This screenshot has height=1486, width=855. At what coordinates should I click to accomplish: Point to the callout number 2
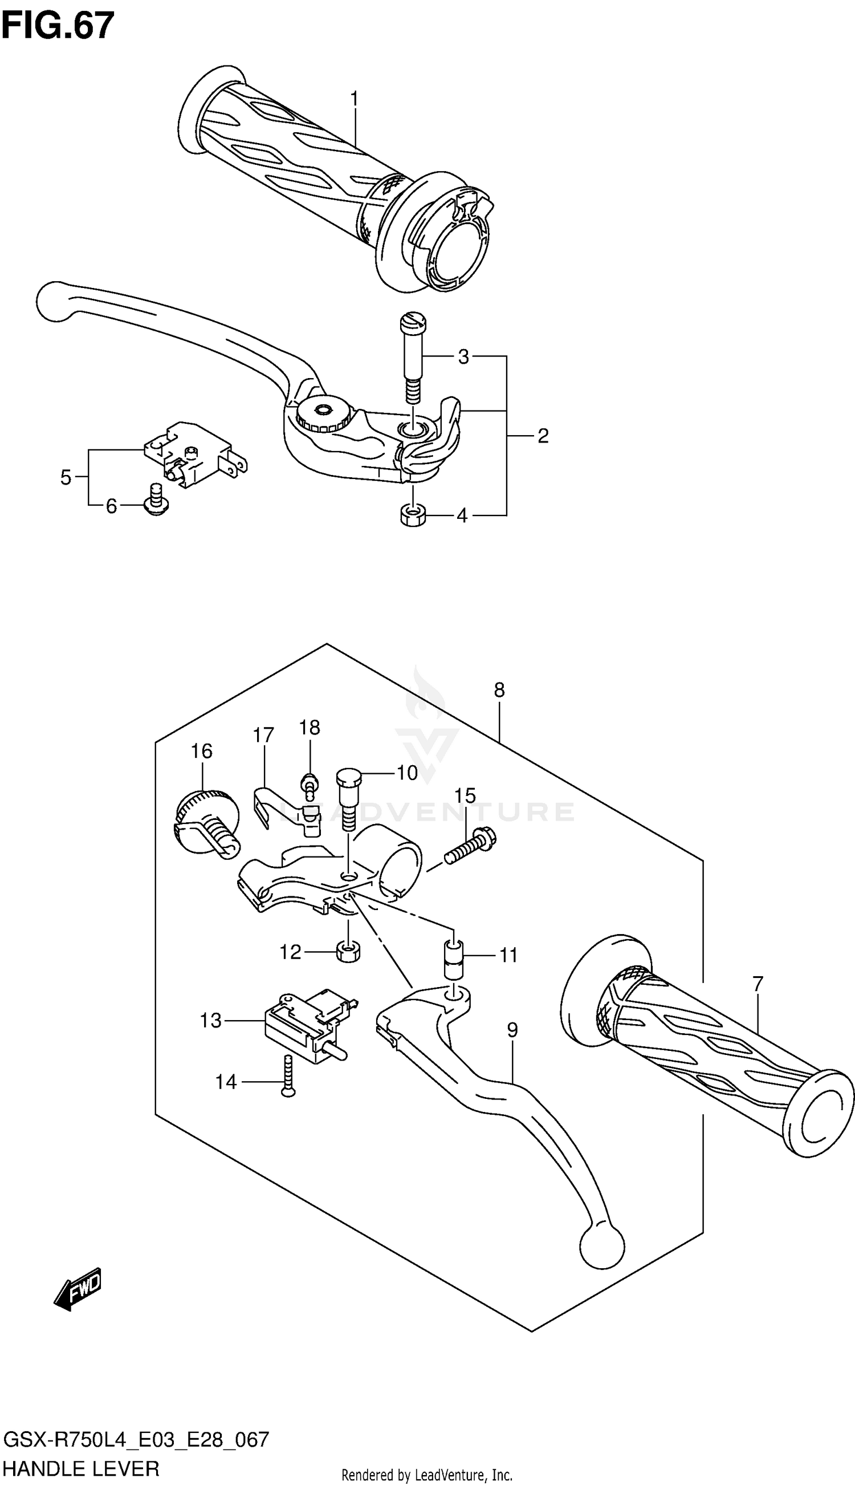coord(543,436)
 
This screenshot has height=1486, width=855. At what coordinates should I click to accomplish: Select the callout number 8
coord(499,690)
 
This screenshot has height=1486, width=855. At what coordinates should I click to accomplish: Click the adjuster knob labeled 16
coord(207,819)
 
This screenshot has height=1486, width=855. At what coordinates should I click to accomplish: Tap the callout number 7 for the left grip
coord(758,982)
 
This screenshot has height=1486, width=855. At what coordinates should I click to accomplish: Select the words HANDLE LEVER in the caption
coord(81,1469)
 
